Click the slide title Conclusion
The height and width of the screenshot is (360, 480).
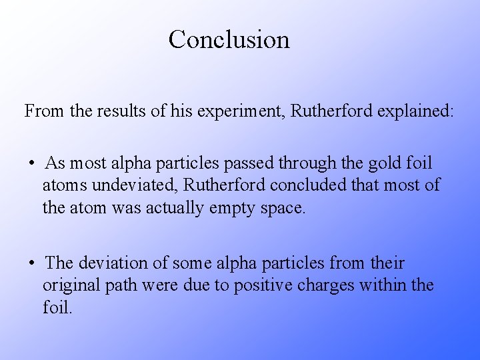tap(229, 39)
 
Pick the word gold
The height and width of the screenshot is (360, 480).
tap(374, 163)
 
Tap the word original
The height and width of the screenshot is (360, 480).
tap(70, 286)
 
